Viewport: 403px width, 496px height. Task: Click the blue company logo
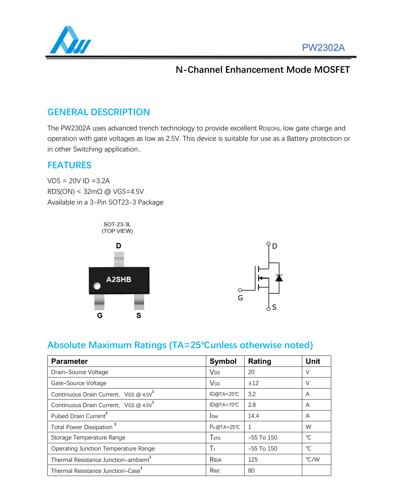(70, 40)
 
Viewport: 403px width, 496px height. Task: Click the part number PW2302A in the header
(323, 48)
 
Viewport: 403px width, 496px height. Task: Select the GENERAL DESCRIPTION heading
(98, 112)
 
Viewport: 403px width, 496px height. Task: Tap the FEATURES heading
(69, 165)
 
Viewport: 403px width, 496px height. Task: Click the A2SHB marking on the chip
(119, 279)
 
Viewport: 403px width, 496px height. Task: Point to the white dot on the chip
(97, 286)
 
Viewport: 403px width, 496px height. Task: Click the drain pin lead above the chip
(119, 259)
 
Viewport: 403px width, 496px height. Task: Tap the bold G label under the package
(100, 315)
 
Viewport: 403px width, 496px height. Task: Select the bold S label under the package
(139, 315)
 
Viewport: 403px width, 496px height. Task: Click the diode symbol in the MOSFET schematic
(279, 278)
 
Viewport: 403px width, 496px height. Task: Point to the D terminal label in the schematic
(275, 246)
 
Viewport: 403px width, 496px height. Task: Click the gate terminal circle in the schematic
(240, 290)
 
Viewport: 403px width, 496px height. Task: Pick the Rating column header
(260, 361)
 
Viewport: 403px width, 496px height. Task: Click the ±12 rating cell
(253, 383)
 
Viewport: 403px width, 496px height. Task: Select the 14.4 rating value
(254, 416)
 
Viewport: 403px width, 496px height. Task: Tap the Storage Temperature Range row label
(88, 438)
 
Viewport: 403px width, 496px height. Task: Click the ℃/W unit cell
(313, 460)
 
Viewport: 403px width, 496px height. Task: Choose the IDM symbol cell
(214, 416)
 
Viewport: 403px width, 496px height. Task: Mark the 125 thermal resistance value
(253, 460)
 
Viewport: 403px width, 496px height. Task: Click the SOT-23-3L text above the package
(117, 224)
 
